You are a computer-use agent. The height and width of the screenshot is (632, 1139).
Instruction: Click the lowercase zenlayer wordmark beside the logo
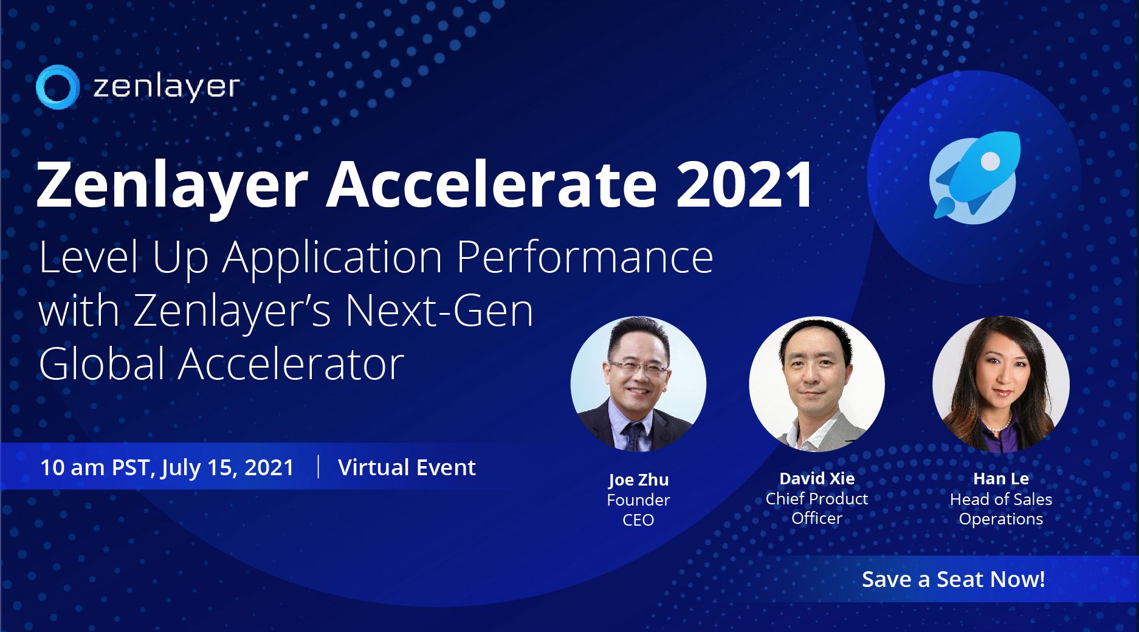(x=167, y=86)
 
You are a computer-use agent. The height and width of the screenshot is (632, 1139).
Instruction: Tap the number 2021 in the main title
(x=745, y=184)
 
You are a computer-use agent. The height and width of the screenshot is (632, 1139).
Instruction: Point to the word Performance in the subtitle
(x=585, y=258)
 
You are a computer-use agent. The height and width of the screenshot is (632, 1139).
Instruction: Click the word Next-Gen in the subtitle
(x=439, y=311)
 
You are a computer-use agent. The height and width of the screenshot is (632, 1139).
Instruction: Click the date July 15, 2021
(x=227, y=468)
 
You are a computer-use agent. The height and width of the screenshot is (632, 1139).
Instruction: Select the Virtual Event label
(x=407, y=467)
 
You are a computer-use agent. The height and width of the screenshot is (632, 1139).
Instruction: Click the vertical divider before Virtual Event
(x=318, y=467)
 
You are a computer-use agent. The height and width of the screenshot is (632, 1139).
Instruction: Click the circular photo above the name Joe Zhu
(x=638, y=383)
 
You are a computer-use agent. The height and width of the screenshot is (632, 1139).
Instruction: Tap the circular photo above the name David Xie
(x=817, y=383)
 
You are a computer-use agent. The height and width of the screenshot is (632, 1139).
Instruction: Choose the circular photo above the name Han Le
(x=1001, y=383)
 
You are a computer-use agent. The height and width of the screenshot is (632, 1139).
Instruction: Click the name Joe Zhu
(x=638, y=480)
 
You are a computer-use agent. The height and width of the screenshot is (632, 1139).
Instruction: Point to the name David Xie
(x=817, y=478)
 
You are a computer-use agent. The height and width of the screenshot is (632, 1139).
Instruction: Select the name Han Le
(x=1001, y=478)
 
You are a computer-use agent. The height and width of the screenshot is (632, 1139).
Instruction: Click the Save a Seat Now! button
(x=953, y=579)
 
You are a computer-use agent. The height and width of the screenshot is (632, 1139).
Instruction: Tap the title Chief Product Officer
(x=817, y=508)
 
